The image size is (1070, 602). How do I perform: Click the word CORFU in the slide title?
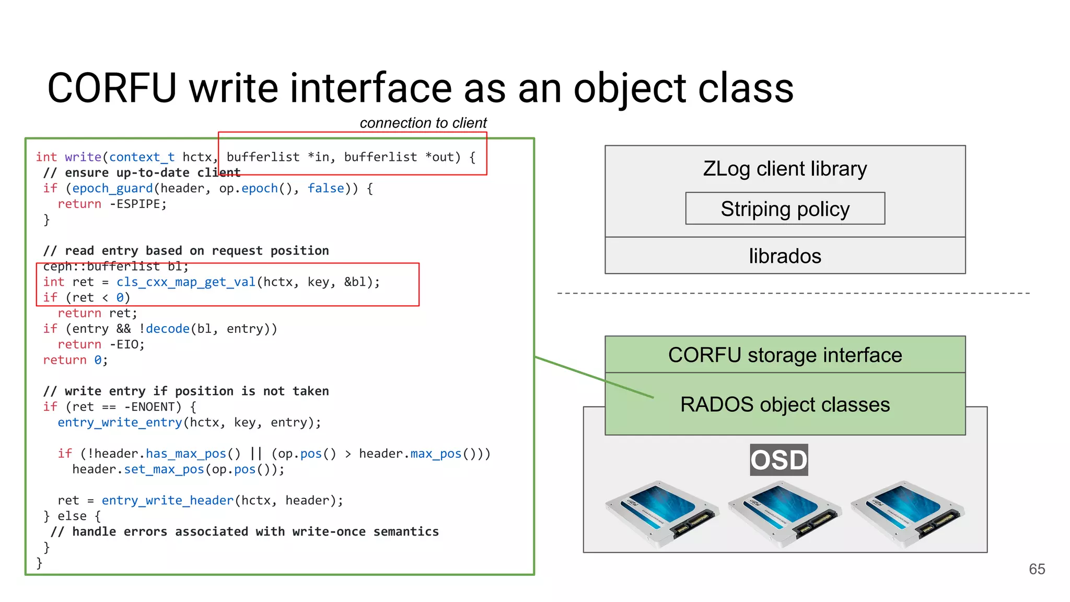point(112,88)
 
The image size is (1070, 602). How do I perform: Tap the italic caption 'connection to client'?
point(423,123)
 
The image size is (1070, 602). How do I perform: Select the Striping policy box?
point(785,209)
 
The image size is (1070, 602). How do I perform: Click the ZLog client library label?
point(785,169)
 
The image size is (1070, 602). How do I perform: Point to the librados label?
point(785,256)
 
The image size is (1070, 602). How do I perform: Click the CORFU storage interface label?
point(785,355)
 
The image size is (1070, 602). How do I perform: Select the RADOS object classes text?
point(785,404)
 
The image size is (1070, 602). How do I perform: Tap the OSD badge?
point(778,460)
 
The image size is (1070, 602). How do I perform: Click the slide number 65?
point(1037,569)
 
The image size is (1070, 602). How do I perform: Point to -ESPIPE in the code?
point(138,204)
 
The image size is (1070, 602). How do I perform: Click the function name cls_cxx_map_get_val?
point(185,282)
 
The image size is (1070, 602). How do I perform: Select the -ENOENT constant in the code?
point(153,407)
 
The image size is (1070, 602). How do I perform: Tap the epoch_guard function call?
point(112,189)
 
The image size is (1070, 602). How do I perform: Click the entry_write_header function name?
point(167,501)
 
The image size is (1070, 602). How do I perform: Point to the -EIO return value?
point(126,345)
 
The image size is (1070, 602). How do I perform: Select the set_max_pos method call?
point(164,470)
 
